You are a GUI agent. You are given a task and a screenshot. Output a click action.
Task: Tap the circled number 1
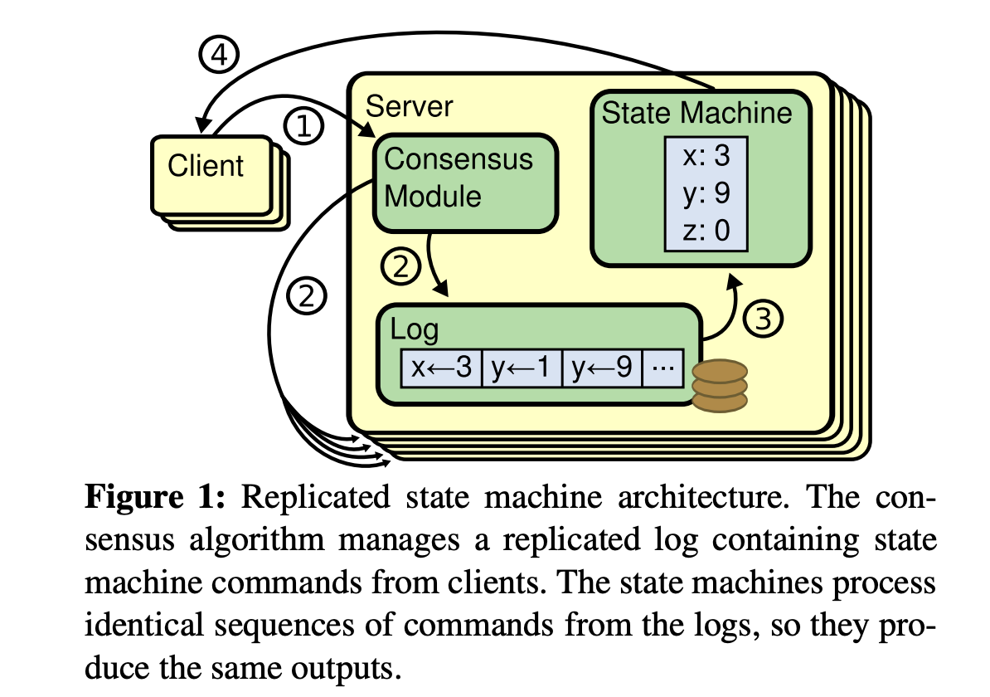pos(303,127)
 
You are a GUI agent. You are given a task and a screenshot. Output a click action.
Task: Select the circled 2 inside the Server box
pos(400,268)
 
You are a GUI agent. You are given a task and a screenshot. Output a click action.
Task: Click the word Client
pos(206,165)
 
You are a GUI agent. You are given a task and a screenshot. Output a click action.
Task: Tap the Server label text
pos(409,106)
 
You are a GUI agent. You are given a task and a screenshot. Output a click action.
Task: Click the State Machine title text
pos(696,113)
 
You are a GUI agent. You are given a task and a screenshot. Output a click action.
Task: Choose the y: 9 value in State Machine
pos(705,193)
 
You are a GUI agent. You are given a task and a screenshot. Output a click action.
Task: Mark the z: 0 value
pos(705,230)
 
